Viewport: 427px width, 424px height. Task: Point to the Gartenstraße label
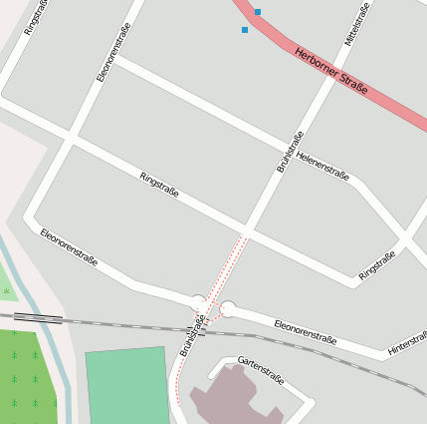[x=261, y=373]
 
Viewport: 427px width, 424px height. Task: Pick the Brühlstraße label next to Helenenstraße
[x=290, y=153]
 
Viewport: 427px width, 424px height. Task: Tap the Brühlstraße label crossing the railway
[x=192, y=335]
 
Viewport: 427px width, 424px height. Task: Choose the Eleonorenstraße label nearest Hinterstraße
[x=305, y=332]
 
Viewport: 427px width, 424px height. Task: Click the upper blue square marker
[x=257, y=12]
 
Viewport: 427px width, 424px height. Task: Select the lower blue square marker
[x=245, y=30]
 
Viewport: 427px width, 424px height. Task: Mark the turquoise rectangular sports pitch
[x=126, y=387]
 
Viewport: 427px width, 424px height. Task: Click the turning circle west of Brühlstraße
[x=198, y=300]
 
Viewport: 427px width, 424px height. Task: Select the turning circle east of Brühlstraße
[x=228, y=309]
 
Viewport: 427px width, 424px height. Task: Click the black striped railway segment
[x=38, y=318]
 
